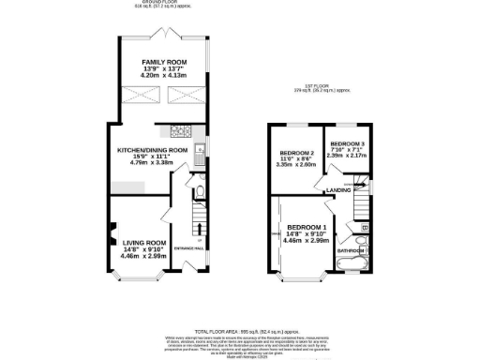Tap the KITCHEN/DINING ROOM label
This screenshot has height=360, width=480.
point(152,150)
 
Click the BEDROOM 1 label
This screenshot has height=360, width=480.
point(307,228)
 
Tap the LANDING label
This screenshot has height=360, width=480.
point(338,191)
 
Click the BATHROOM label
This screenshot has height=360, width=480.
point(351,250)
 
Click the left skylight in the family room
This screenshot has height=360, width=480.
point(138,97)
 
